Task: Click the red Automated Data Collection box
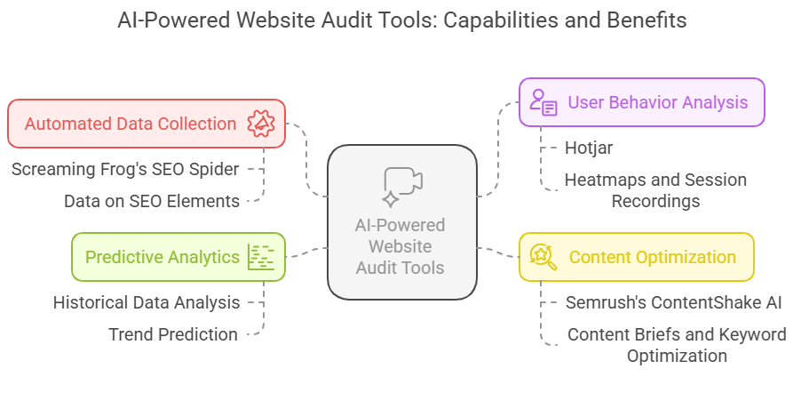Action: point(147,124)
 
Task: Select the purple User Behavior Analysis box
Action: point(642,102)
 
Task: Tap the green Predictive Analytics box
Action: point(178,257)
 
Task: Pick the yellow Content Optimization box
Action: point(636,257)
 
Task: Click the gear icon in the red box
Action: point(260,124)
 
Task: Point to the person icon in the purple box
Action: point(543,102)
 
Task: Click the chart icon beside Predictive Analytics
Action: point(261,257)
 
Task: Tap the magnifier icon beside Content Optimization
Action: point(543,257)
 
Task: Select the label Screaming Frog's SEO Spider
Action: point(124,168)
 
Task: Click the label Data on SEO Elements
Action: point(152,201)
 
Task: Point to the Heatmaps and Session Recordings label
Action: point(655,190)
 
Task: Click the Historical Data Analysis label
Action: point(147,302)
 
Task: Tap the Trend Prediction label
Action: point(173,334)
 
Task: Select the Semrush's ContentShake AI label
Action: point(673,302)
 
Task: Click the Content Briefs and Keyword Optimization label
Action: point(677,345)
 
